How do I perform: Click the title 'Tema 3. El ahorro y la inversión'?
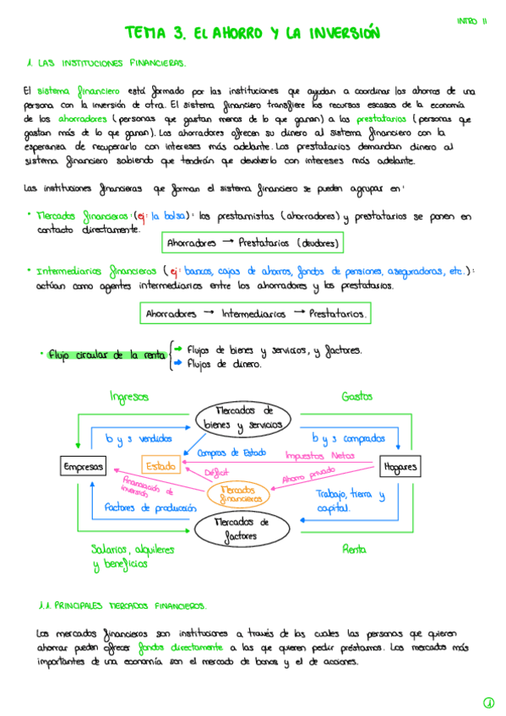tap(253, 33)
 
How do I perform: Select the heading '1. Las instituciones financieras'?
tap(106, 62)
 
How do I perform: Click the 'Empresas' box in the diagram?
tap(84, 466)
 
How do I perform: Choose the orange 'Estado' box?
tap(160, 465)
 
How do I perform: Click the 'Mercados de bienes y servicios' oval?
tap(244, 418)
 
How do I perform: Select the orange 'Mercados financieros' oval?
tap(241, 494)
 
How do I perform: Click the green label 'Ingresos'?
tap(129, 396)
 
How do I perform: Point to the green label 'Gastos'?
tap(357, 396)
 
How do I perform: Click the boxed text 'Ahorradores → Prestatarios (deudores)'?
tap(253, 243)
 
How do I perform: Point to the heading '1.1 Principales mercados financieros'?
tap(122, 605)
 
